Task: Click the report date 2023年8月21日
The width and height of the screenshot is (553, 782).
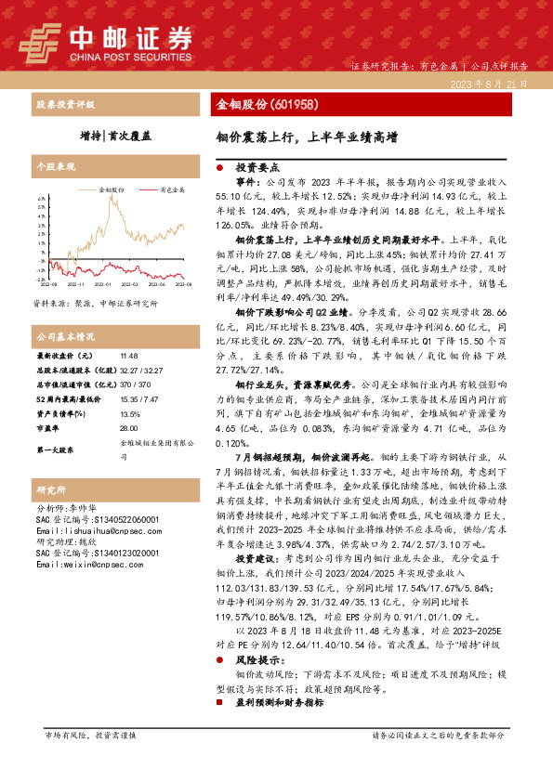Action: (489, 84)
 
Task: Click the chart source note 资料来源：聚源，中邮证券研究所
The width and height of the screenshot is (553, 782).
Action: (95, 303)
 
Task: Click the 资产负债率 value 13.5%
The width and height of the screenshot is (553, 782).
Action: (130, 414)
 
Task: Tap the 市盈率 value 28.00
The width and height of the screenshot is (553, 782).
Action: (129, 428)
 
